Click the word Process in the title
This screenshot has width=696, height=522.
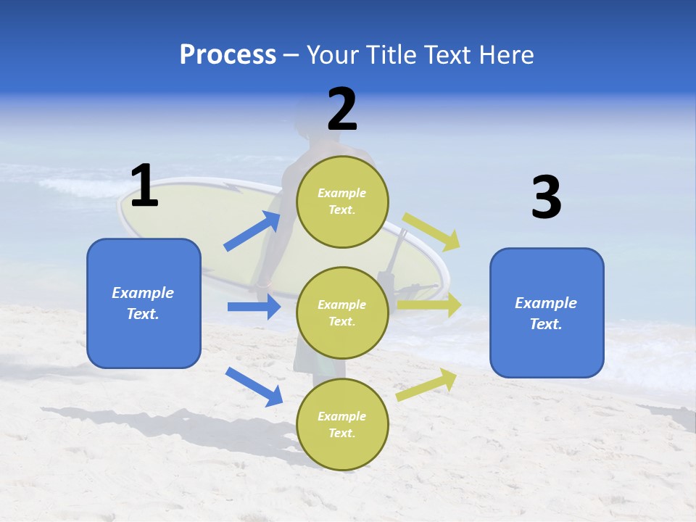point(228,54)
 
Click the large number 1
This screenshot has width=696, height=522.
point(144,186)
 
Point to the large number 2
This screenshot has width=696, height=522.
point(342,109)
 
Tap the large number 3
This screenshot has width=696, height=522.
point(547,198)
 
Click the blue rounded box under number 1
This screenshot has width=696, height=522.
point(144,303)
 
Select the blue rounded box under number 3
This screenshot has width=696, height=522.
point(547,312)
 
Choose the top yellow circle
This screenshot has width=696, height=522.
point(342,201)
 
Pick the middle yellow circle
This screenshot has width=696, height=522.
point(342,312)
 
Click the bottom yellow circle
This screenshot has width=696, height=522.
point(342,424)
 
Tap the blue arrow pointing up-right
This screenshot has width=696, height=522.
point(252,231)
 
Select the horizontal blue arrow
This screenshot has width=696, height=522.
point(254,307)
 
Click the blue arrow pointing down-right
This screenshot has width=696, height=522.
point(254,386)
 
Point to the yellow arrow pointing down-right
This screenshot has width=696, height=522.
point(432,232)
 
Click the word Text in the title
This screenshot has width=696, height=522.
point(448,54)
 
